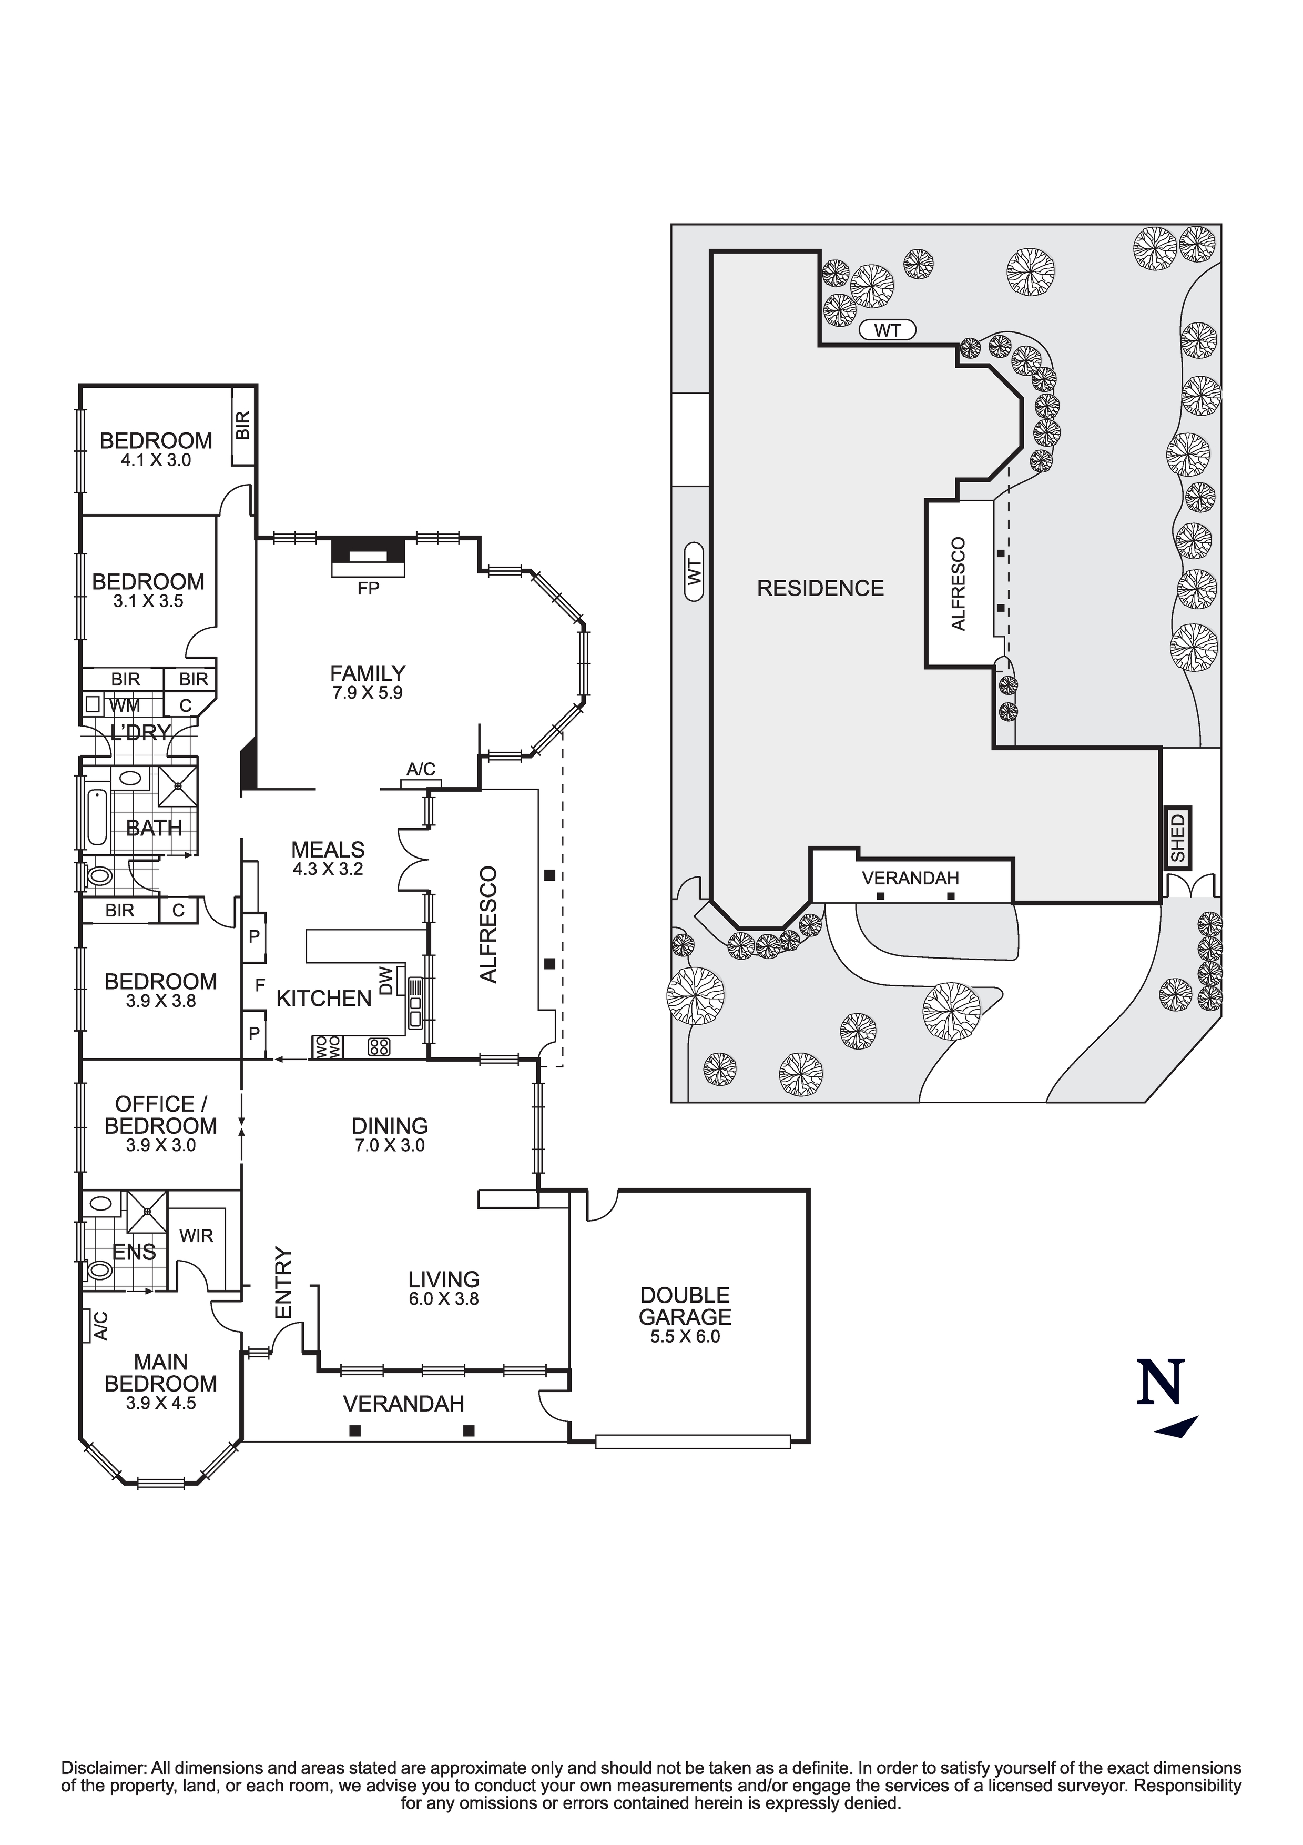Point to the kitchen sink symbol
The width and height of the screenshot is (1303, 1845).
(415, 1002)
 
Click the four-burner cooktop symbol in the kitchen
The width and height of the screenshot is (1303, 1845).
(379, 1047)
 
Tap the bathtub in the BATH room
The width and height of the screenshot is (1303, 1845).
(96, 817)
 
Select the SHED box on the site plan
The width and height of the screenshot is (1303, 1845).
(1178, 838)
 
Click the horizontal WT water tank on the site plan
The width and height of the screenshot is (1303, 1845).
(887, 329)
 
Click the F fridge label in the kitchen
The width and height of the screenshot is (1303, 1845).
(259, 984)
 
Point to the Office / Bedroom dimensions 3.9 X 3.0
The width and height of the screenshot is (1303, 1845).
(161, 1145)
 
